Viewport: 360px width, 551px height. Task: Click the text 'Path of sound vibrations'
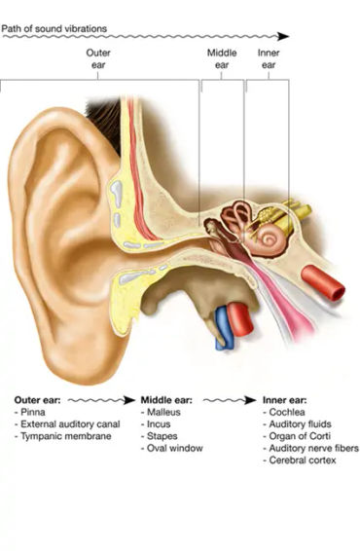pyautogui.click(x=54, y=29)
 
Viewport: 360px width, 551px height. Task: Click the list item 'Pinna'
pyautogui.click(x=33, y=412)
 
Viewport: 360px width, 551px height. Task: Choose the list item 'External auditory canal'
pyautogui.click(x=64, y=424)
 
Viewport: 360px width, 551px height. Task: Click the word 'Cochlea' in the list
pyautogui.click(x=288, y=412)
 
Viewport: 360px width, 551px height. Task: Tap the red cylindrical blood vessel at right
pyautogui.click(x=324, y=281)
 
